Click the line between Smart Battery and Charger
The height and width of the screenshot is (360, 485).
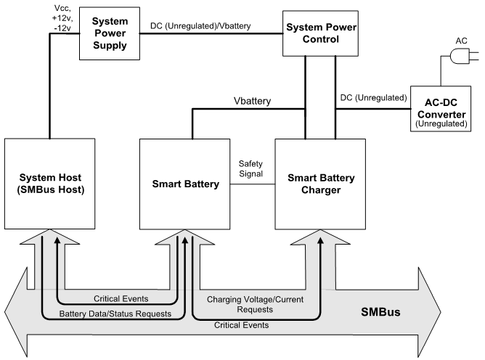(252, 184)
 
